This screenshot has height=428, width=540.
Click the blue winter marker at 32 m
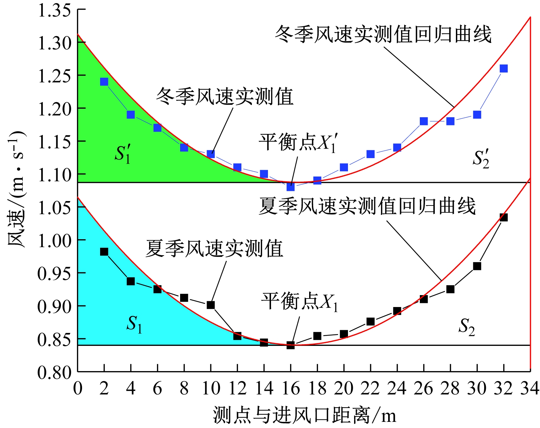tap(504, 69)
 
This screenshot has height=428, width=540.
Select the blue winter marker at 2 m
tap(104, 82)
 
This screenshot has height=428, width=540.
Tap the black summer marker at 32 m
tap(504, 217)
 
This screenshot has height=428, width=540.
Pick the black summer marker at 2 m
tap(104, 252)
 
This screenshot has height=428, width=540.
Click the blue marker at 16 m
tap(290, 187)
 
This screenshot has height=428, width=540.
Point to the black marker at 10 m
tap(211, 305)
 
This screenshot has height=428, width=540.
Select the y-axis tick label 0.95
tap(54, 273)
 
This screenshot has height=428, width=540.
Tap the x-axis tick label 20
tap(344, 388)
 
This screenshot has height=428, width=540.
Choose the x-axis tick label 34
tap(530, 388)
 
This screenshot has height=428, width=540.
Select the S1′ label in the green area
tap(123, 154)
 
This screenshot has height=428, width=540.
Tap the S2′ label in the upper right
tap(481, 158)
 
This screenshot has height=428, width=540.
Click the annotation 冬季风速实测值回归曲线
tap(383, 35)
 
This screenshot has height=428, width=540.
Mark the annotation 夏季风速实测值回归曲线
tap(367, 206)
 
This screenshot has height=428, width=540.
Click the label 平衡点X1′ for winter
tap(298, 142)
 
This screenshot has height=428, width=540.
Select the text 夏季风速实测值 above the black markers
tap(215, 248)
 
